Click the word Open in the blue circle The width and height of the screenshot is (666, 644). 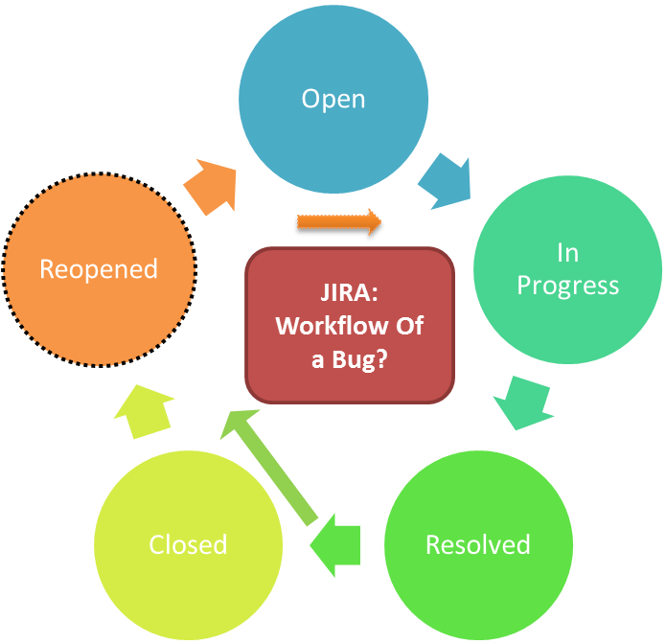(333, 100)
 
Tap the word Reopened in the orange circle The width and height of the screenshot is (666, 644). (99, 269)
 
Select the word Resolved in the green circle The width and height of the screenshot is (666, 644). (477, 544)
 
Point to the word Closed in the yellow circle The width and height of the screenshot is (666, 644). (188, 544)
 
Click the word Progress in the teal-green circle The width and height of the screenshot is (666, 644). (567, 286)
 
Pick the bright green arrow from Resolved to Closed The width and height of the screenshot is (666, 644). (335, 542)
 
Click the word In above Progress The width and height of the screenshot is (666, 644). (567, 253)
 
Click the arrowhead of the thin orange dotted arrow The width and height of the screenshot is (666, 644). (372, 221)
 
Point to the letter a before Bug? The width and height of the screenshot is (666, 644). (317, 358)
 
